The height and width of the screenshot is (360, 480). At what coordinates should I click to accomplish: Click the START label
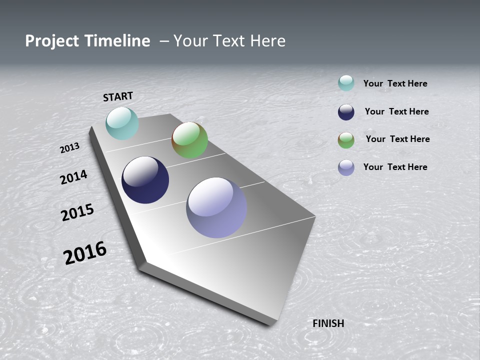118,96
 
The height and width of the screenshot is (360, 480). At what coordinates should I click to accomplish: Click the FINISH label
328,323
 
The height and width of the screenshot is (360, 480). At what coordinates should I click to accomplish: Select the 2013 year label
69,148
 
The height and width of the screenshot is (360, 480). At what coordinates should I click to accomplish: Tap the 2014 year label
73,177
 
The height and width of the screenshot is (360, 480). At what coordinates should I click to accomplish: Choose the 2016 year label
85,252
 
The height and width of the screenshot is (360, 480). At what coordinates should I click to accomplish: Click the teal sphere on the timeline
122,123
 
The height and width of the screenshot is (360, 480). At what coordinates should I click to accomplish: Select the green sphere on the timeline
189,140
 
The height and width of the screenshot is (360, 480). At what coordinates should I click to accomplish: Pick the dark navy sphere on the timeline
145,180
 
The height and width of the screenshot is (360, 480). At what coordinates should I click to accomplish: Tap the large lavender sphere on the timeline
216,207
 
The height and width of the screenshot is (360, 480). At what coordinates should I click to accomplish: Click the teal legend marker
346,83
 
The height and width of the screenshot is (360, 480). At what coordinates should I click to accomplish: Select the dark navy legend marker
346,112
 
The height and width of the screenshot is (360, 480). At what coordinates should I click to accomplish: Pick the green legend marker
346,140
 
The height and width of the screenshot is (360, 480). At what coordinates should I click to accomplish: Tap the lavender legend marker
346,167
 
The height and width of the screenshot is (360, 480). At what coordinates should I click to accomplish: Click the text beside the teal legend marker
395,83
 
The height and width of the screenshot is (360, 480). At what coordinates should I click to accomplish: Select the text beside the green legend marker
397,139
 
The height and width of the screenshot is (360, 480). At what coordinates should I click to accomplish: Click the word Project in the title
52,41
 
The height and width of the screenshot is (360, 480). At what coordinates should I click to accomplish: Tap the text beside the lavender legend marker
395,167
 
